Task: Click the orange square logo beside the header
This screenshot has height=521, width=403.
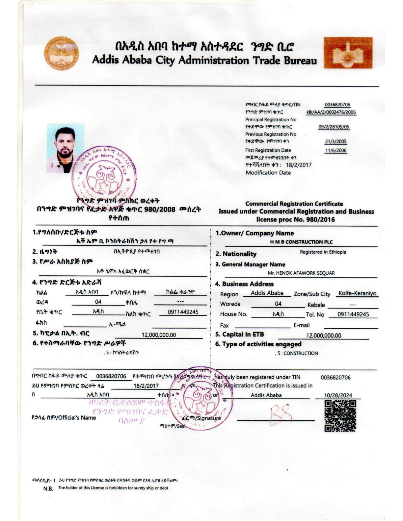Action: tap(348, 53)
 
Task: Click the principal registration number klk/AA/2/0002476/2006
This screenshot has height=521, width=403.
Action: tap(331, 112)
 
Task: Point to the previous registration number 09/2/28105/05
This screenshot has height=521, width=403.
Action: tap(334, 127)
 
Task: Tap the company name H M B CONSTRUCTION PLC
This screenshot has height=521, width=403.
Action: tap(301, 242)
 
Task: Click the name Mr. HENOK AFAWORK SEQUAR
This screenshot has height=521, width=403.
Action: tap(301, 273)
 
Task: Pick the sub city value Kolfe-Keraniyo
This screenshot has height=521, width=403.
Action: tap(357, 293)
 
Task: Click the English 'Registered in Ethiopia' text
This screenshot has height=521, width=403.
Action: tap(323, 252)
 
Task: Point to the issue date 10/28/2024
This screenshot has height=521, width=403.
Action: tap(338, 395)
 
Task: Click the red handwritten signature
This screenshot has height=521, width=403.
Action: tap(280, 413)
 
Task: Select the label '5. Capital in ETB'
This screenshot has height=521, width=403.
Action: tap(239, 335)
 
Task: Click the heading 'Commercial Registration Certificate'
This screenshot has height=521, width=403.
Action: tap(294, 204)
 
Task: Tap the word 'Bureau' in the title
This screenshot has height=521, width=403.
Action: tap(300, 61)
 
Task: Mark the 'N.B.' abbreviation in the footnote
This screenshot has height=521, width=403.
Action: tap(48, 488)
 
